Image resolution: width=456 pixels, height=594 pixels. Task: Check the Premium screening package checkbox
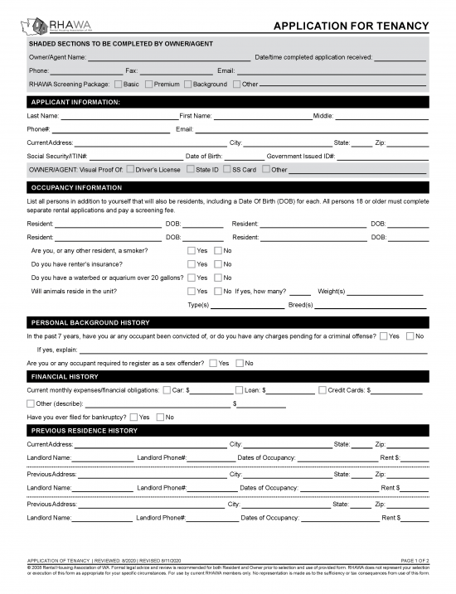click(x=149, y=85)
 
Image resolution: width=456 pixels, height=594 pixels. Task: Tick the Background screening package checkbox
click(x=187, y=85)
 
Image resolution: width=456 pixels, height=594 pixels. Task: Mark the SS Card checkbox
click(x=226, y=170)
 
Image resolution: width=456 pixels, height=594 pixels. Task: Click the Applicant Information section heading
click(x=75, y=102)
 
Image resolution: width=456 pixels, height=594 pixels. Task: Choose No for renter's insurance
click(x=218, y=263)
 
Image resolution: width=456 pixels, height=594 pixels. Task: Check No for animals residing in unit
click(x=218, y=291)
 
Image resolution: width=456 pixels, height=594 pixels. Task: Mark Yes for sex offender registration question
click(x=213, y=363)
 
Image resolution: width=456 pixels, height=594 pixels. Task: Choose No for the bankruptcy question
click(x=160, y=417)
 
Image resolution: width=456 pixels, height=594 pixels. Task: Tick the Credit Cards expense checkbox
click(x=323, y=389)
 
